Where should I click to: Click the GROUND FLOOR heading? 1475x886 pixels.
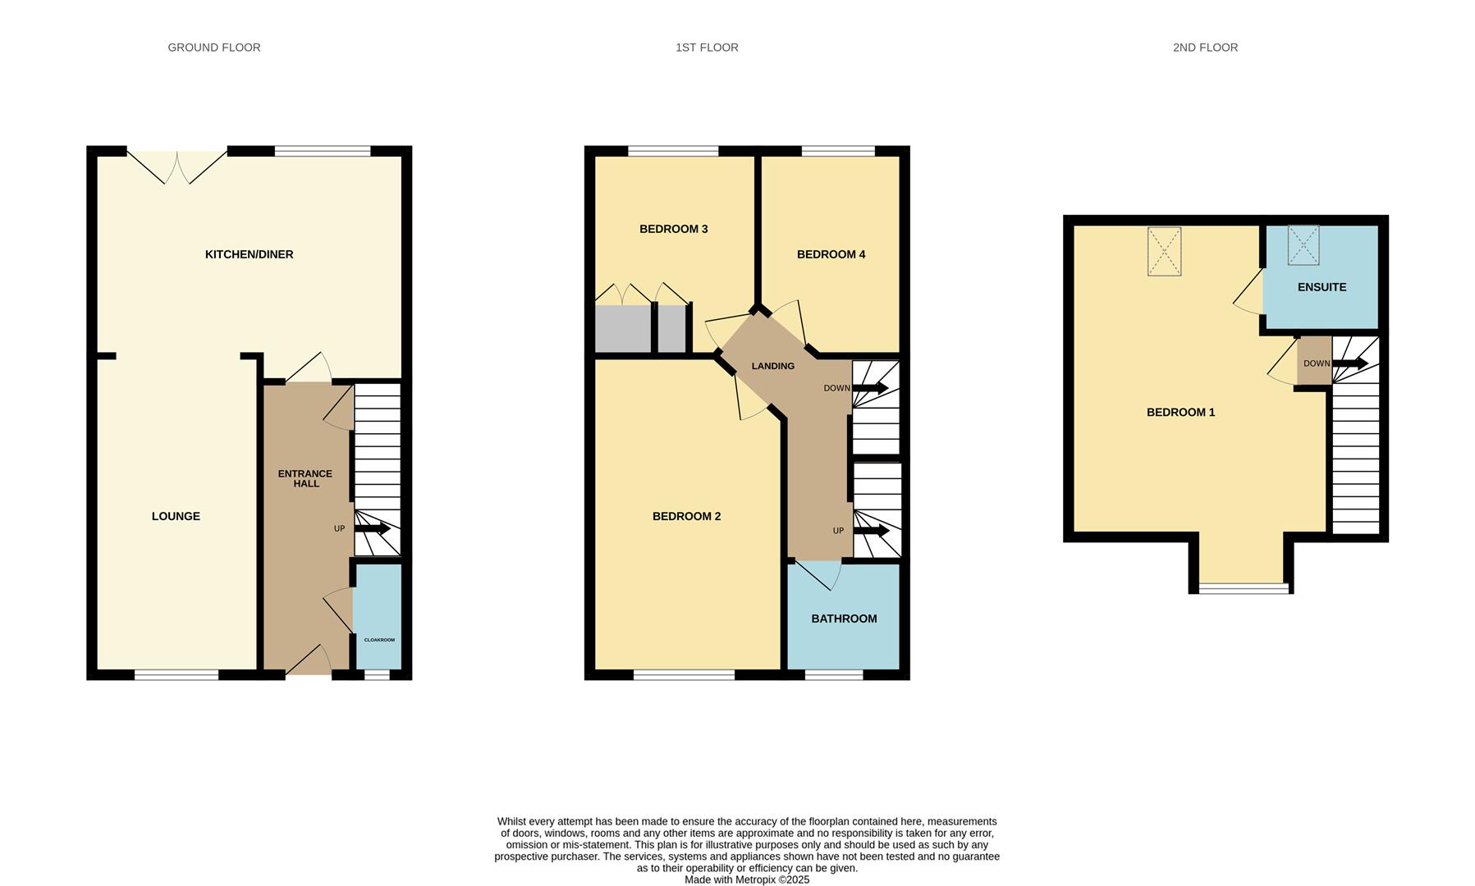[x=214, y=48]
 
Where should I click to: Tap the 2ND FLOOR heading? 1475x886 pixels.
[x=1205, y=48]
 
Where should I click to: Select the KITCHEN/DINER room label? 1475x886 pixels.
[x=249, y=254]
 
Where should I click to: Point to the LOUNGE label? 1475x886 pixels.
[x=176, y=516]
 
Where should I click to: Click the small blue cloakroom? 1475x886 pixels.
[x=378, y=616]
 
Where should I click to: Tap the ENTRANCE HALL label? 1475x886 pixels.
[x=305, y=478]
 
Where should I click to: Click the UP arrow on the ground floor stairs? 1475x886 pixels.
[x=373, y=529]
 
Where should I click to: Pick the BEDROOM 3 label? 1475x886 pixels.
[x=673, y=229]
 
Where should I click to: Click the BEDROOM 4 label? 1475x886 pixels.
[x=831, y=254]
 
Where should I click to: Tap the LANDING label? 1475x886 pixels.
[x=772, y=366]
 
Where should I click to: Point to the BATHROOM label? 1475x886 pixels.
[x=844, y=619]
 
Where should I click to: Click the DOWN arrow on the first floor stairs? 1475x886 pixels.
[x=871, y=388]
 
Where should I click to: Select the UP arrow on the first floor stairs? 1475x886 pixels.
[x=872, y=531]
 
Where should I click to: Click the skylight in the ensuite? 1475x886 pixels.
[x=1303, y=245]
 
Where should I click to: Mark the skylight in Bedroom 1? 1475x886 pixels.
[x=1164, y=251]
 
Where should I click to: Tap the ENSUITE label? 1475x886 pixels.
[x=1322, y=287]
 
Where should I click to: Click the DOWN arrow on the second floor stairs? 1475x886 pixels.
[x=1350, y=363]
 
